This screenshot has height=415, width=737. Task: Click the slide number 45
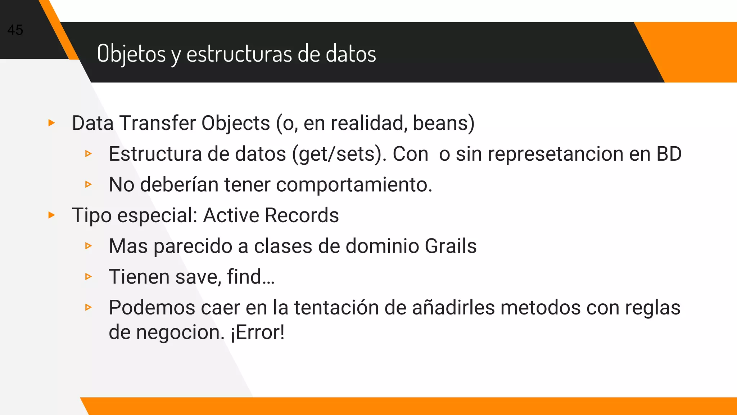[x=15, y=30]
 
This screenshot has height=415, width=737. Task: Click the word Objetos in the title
[x=131, y=54]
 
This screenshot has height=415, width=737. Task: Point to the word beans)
[x=443, y=123]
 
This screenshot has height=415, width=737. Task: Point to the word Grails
[x=451, y=246]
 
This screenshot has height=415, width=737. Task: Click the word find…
[x=251, y=277]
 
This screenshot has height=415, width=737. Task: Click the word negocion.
[x=180, y=333]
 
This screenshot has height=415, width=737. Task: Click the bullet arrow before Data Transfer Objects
[x=52, y=123]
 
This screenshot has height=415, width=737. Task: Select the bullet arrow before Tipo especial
[x=52, y=215]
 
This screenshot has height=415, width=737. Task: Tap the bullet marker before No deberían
[x=89, y=185]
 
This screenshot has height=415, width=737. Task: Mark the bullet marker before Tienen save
[x=89, y=277]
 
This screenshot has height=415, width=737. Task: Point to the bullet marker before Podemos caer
[x=89, y=308]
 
